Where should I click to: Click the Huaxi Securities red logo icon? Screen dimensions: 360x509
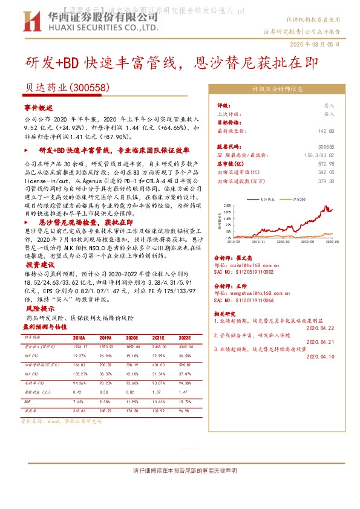tap(29, 22)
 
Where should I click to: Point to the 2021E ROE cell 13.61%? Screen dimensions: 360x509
tap(158, 402)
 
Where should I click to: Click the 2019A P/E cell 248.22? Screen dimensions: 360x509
tap(105, 411)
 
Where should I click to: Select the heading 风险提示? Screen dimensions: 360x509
tap(39, 309)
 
